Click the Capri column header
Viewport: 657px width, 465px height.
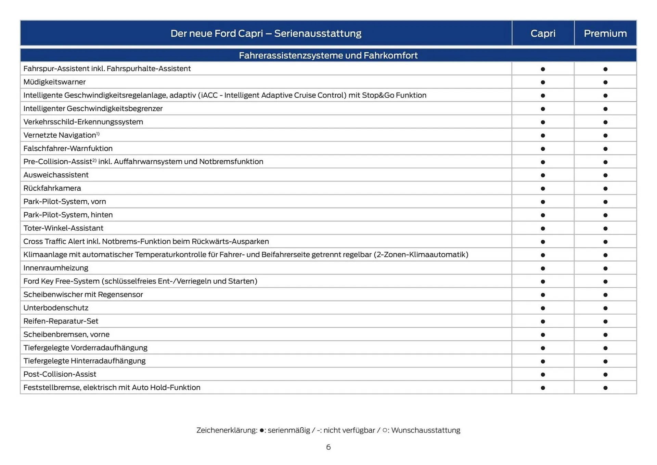pyautogui.click(x=543, y=33)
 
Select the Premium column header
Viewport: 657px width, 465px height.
pyautogui.click(x=605, y=33)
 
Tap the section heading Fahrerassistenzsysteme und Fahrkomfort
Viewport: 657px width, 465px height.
pyautogui.click(x=328, y=55)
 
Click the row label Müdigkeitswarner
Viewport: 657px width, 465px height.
pyautogui.click(x=54, y=82)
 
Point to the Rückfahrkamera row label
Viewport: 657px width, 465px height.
pyautogui.click(x=52, y=188)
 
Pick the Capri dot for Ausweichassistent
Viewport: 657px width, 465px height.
pyautogui.click(x=543, y=175)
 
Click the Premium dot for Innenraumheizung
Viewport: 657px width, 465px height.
pyautogui.click(x=605, y=268)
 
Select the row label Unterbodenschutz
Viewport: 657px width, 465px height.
pyautogui.click(x=56, y=307)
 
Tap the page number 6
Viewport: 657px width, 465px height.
pyautogui.click(x=328, y=447)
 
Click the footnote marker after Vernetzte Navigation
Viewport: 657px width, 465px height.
pyautogui.click(x=98, y=134)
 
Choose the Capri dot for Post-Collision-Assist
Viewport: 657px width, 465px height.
pyautogui.click(x=543, y=375)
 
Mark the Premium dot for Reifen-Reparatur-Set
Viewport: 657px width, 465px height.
pyautogui.click(x=605, y=322)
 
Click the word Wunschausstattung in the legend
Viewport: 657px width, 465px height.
pyautogui.click(x=426, y=430)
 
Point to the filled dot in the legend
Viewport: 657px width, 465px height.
pyautogui.click(x=262, y=430)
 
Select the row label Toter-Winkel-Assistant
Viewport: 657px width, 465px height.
pyautogui.click(x=63, y=228)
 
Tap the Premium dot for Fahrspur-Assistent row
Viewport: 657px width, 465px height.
pyautogui.click(x=605, y=69)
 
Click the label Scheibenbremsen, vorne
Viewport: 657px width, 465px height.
pyautogui.click(x=66, y=334)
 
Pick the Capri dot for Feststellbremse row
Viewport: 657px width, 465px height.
pyautogui.click(x=543, y=388)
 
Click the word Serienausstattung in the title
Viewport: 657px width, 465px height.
pyautogui.click(x=318, y=33)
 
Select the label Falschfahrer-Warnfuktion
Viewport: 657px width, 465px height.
pyautogui.click(x=68, y=148)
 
